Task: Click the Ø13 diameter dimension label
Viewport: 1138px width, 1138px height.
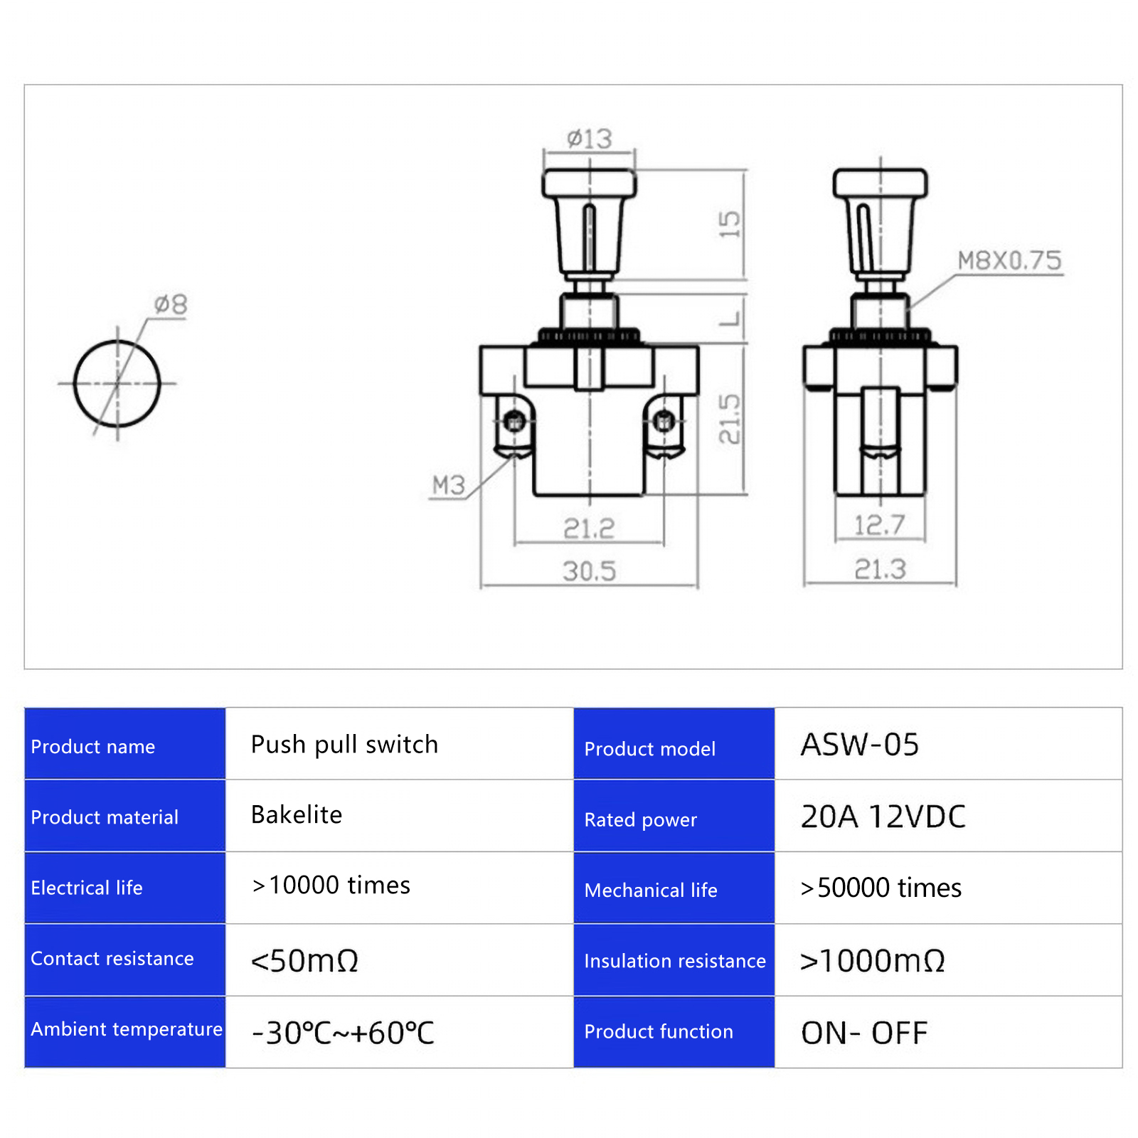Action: [589, 138]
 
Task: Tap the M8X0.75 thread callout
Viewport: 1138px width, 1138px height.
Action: [1009, 260]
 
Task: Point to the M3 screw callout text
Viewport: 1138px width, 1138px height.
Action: [448, 485]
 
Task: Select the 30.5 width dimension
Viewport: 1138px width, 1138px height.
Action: [589, 570]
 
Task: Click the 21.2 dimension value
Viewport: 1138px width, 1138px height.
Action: [589, 528]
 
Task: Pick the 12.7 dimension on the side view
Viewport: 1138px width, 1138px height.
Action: [880, 526]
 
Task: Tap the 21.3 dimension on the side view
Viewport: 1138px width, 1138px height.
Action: [880, 569]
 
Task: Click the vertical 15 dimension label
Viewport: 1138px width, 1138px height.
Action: [729, 224]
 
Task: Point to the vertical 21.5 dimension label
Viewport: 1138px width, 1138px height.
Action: [729, 419]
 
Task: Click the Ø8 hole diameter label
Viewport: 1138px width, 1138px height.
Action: [171, 304]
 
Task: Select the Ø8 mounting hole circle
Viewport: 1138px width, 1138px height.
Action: [117, 383]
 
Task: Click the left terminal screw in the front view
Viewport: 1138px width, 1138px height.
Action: [514, 422]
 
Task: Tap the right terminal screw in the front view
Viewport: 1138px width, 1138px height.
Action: [664, 422]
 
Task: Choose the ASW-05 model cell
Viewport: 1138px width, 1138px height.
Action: [859, 745]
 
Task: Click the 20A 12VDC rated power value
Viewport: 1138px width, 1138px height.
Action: [883, 817]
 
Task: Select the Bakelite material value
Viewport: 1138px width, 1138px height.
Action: [297, 815]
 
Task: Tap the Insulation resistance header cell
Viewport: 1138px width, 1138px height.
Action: [674, 961]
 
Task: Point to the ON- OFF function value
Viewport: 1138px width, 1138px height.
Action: [863, 1033]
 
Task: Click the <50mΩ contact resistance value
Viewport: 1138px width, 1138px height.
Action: [304, 961]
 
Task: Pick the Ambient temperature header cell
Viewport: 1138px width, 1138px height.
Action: [126, 1029]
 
